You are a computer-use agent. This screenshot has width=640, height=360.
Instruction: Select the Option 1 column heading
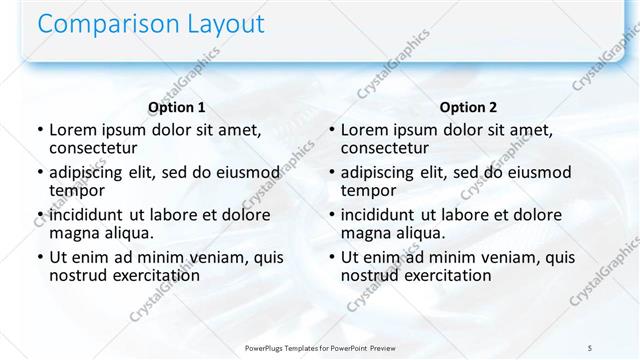click(x=176, y=107)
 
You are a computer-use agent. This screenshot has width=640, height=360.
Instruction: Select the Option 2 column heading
click(x=468, y=107)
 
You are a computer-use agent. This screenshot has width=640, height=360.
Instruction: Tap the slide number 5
click(x=590, y=347)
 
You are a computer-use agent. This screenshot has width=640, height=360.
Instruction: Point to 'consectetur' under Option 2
click(x=387, y=147)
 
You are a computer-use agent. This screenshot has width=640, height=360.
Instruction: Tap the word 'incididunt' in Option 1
click(x=86, y=215)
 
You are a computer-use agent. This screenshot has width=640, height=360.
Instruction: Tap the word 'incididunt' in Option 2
click(x=378, y=215)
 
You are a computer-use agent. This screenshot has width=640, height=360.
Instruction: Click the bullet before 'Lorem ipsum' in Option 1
click(x=39, y=130)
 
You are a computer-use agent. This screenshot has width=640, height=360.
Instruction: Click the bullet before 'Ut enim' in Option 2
click(x=331, y=258)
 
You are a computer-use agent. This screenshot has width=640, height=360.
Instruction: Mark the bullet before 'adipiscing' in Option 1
click(x=39, y=173)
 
